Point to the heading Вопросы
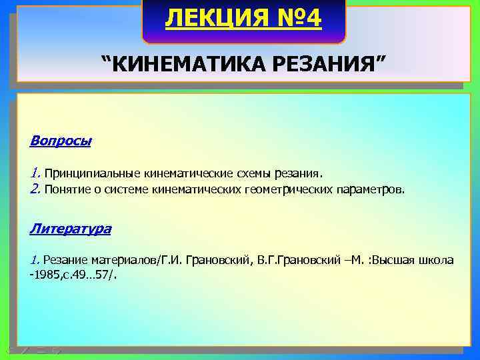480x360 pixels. click(61, 141)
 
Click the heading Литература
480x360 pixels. click(70, 229)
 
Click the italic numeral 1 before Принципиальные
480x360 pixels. click(35, 173)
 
